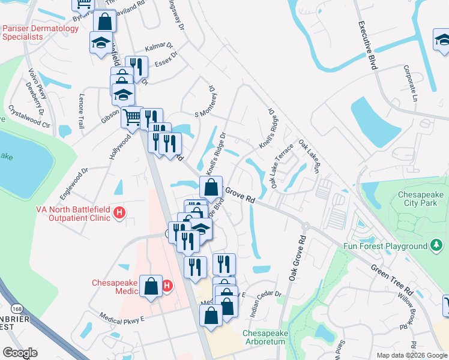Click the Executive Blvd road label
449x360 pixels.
pos(367,46)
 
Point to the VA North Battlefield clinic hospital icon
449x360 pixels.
pos(119,212)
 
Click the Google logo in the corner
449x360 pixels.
pos(20,353)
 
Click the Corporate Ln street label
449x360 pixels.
pos(411,83)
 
